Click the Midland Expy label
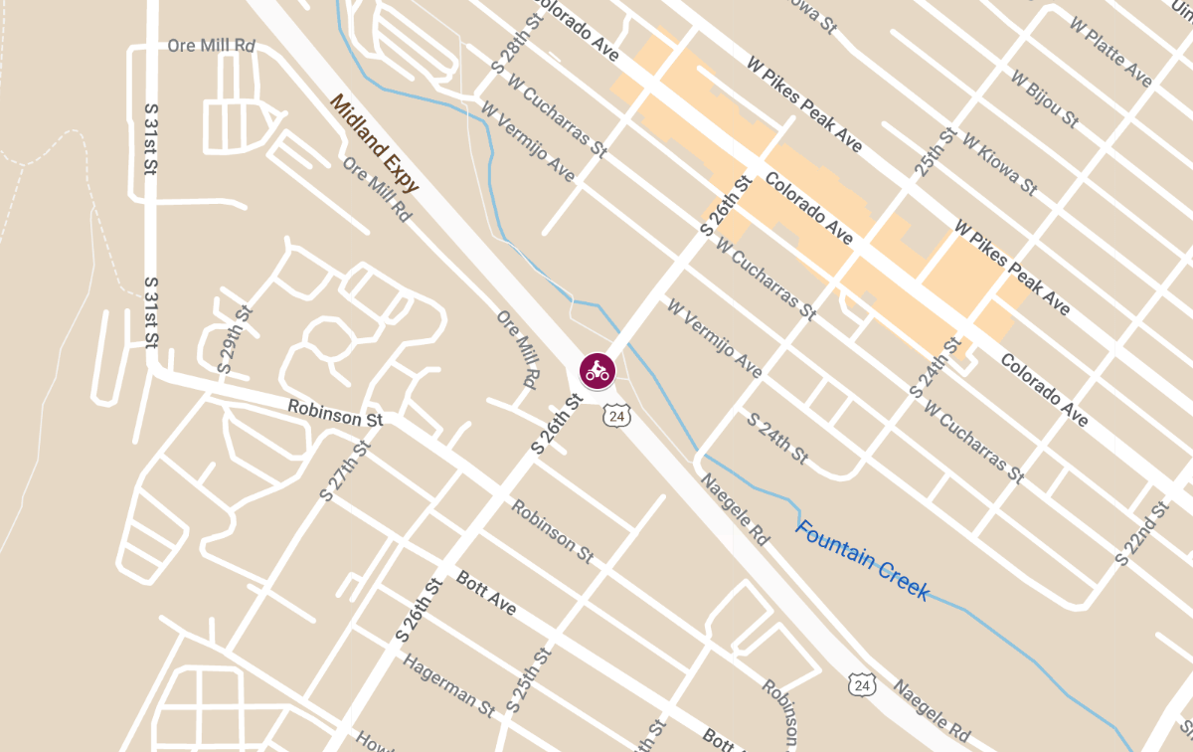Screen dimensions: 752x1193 click(374, 144)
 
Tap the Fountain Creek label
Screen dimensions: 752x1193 click(863, 561)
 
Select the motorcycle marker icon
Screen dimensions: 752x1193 click(597, 371)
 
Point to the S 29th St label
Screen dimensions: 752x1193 click(236, 340)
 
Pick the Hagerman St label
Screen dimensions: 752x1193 click(449, 686)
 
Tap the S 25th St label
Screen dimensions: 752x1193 click(528, 680)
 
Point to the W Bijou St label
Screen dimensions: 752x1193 click(1044, 97)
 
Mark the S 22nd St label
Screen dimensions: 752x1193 click(1141, 534)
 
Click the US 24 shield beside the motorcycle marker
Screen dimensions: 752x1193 click(616, 416)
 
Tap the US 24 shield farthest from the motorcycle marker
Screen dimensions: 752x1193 click(862, 683)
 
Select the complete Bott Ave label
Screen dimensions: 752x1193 click(486, 593)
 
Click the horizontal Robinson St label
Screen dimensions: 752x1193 click(335, 413)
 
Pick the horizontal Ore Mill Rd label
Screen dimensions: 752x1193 click(212, 46)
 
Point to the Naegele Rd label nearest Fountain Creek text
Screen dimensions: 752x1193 click(735, 508)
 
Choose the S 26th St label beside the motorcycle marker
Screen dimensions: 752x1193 click(556, 424)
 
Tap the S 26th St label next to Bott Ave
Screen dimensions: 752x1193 click(418, 608)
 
